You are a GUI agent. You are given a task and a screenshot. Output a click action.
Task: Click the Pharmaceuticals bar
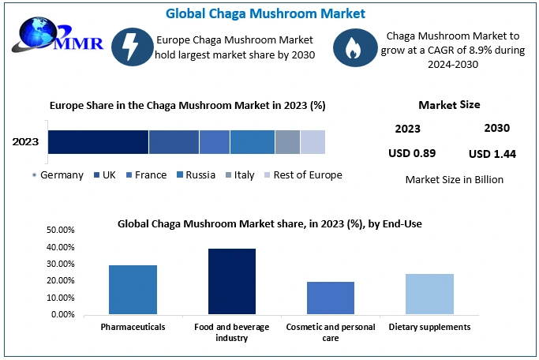click(133, 290)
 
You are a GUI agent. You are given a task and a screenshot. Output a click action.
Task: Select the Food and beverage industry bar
click(232, 281)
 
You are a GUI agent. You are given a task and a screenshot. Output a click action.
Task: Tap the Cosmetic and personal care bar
click(331, 298)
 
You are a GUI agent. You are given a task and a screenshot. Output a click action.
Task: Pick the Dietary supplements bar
click(429, 294)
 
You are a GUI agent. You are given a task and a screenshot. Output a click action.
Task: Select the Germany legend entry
click(58, 175)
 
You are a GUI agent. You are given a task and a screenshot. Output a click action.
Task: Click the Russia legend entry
click(197, 175)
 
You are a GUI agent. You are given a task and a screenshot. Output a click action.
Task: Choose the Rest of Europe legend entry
click(303, 175)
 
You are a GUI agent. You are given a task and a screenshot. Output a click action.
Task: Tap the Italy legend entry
click(240, 175)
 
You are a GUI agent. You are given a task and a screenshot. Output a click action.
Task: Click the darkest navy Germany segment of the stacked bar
click(98, 142)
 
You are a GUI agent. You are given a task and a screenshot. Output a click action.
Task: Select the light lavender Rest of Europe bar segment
click(313, 142)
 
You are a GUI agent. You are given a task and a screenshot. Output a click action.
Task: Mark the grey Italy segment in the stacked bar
click(287, 142)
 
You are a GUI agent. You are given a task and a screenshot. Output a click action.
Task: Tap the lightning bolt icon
click(129, 47)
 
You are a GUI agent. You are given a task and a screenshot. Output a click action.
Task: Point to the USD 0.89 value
click(412, 153)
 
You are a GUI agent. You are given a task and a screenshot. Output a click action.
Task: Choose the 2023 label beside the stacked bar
click(26, 143)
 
